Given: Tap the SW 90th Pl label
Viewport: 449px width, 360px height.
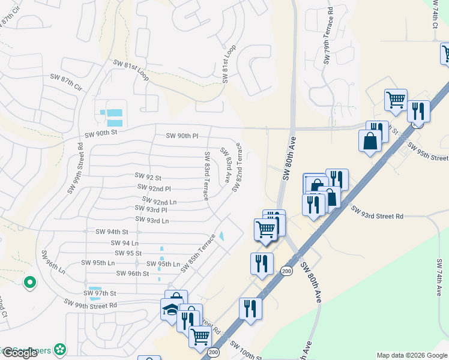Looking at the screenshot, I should (182, 136).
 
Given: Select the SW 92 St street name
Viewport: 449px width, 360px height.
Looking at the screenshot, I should (148, 178).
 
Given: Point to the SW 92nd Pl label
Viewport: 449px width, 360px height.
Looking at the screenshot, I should (155, 188).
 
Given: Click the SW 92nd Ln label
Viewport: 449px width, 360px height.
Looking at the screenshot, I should (160, 200).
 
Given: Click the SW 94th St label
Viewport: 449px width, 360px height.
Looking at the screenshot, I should (112, 232).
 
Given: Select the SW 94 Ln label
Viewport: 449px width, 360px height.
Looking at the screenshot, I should (125, 243).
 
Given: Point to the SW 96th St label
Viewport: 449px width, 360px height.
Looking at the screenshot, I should (133, 274).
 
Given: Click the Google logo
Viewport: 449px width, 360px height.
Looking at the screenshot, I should (20, 353).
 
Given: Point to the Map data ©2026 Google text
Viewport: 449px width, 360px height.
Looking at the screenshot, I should (411, 355).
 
